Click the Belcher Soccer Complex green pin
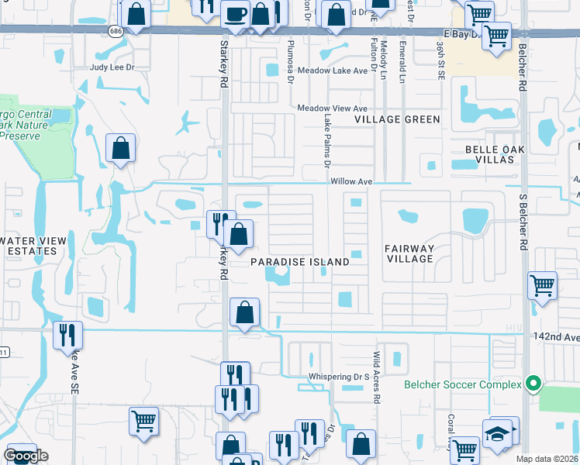pos(532,384)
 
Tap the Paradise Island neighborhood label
pos(300,262)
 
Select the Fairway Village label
pos(409,253)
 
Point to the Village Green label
pos(397,119)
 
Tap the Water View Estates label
pos(29,246)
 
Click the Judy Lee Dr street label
pos(112,67)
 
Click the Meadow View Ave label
pos(332,108)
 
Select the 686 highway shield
pos(116,31)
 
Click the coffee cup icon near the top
pos(234,12)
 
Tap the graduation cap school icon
pos(497,432)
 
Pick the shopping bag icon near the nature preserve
pos(120,146)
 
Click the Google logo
pos(26,456)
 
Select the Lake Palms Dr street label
pos(326,142)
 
